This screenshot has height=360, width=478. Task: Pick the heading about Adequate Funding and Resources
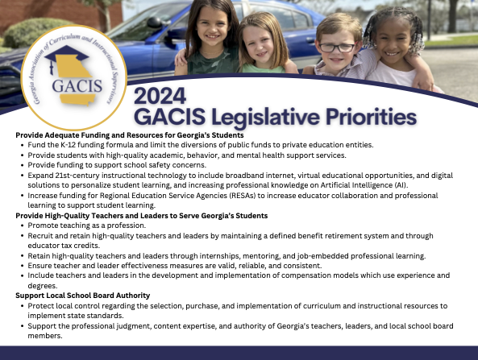point(112,134)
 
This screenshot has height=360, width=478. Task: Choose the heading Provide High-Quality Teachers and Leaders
point(141,215)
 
